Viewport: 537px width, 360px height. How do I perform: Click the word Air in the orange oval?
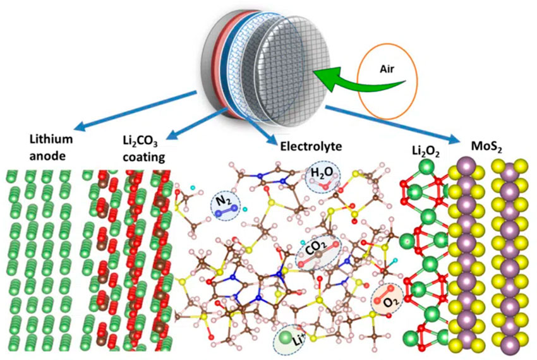pos(387,69)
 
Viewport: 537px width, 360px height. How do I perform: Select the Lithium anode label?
pos(51,148)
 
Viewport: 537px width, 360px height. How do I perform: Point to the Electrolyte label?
pos(311,147)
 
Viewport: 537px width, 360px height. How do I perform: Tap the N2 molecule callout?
pos(225,205)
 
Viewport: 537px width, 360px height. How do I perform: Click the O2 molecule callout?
pos(387,299)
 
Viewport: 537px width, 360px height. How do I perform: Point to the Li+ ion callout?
pos(289,340)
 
